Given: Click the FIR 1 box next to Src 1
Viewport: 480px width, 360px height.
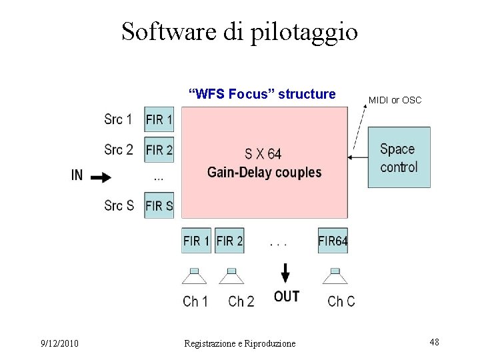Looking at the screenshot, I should click(x=159, y=121).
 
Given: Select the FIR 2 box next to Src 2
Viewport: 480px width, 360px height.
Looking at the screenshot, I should click(x=159, y=149).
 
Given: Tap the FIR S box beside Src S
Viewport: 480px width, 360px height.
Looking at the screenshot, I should click(x=159, y=205).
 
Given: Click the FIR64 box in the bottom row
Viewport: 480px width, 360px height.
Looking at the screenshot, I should click(x=333, y=241).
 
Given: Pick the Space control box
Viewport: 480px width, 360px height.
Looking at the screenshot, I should click(x=399, y=157).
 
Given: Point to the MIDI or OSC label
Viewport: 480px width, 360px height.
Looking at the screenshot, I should click(x=395, y=100).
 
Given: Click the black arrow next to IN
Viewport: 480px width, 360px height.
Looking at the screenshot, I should click(x=101, y=177).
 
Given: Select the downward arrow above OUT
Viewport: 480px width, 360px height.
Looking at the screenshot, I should click(x=285, y=273).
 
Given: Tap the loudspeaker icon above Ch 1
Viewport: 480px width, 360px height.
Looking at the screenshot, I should click(x=195, y=276).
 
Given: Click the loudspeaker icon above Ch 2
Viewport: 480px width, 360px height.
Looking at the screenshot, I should click(x=231, y=276).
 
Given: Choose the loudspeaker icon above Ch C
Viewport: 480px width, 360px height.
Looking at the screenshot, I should click(x=335, y=276).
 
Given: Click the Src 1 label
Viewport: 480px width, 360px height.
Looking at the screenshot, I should click(x=118, y=120).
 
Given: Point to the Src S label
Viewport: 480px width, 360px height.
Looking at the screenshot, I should click(x=119, y=205).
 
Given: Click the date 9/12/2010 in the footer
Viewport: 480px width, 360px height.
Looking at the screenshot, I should click(x=59, y=343).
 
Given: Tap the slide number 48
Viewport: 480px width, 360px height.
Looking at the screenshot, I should click(x=434, y=342).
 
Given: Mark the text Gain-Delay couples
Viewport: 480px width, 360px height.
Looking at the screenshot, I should click(x=264, y=172).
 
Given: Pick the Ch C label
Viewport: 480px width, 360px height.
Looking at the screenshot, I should click(x=341, y=301).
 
